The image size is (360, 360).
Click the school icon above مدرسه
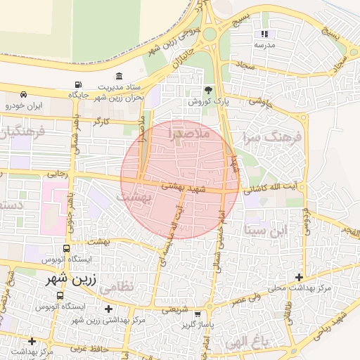(264, 34)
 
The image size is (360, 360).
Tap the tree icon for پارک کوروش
(208, 90)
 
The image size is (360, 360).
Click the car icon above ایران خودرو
(25, 94)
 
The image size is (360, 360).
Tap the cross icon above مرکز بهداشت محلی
(300, 278)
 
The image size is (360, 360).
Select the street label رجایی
(56, 173)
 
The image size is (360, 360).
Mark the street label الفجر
(349, 232)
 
